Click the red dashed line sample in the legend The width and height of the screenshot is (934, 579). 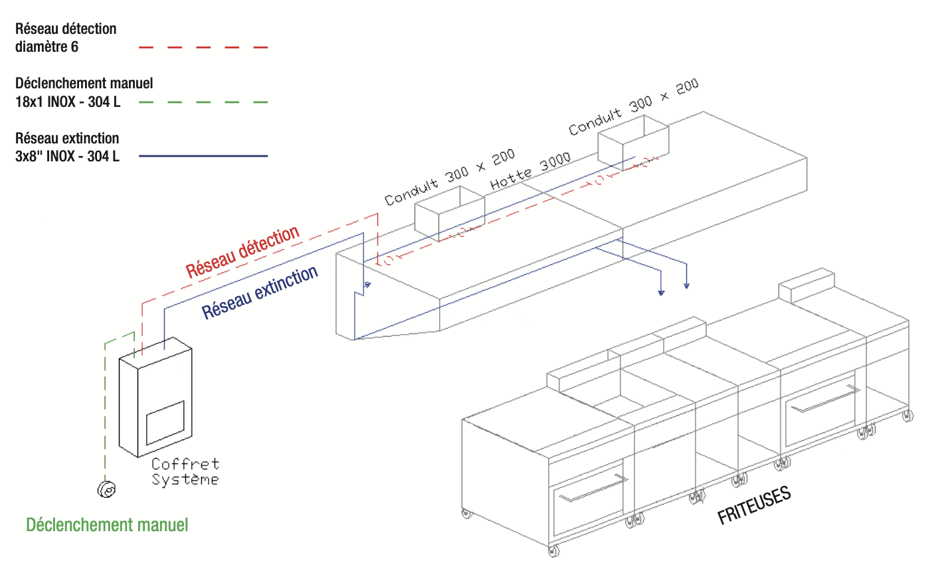(x=203, y=48)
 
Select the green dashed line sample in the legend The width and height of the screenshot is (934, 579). (x=203, y=102)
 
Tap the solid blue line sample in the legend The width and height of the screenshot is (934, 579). (x=203, y=156)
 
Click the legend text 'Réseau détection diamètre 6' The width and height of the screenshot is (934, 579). (x=66, y=38)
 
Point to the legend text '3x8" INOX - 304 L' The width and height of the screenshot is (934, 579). (x=67, y=157)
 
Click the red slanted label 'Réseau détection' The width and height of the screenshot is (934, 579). (x=242, y=252)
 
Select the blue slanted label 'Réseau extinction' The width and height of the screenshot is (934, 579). (x=260, y=293)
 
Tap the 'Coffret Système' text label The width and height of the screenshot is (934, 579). (x=185, y=472)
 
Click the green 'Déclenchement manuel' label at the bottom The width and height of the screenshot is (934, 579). (x=107, y=525)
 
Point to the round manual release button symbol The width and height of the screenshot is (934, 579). (x=106, y=489)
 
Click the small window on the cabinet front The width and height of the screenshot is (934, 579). (x=165, y=423)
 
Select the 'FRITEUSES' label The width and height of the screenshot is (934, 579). (x=754, y=505)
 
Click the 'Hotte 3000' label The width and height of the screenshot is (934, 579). (x=530, y=171)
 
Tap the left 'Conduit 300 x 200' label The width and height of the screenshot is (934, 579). (x=450, y=177)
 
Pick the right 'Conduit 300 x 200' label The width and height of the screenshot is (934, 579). (x=633, y=107)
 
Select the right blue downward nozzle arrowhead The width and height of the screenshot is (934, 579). (x=686, y=286)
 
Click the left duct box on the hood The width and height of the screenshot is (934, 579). (x=449, y=212)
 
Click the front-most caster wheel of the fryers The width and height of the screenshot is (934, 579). (x=554, y=550)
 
